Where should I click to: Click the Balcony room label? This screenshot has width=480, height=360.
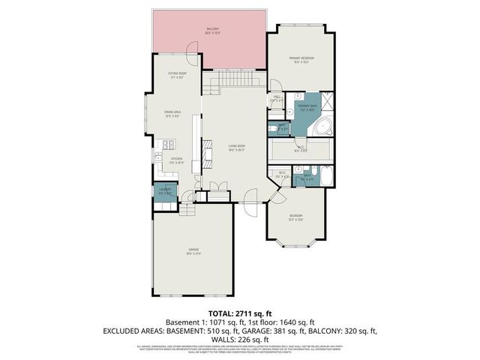click(x=211, y=31)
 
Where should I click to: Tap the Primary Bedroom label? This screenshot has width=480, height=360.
click(x=301, y=59)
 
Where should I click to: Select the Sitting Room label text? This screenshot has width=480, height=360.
click(x=177, y=75)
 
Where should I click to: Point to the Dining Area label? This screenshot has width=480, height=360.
click(x=172, y=114)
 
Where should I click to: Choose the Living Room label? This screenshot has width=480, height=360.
click(x=236, y=148)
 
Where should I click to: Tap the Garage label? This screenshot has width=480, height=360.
click(x=193, y=251)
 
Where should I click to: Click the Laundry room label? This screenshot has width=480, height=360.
click(x=164, y=190)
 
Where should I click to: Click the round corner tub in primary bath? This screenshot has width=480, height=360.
click(x=325, y=127)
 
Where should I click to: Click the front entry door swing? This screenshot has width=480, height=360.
click(x=250, y=199)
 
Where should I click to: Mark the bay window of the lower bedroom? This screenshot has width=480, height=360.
click(x=298, y=242)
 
